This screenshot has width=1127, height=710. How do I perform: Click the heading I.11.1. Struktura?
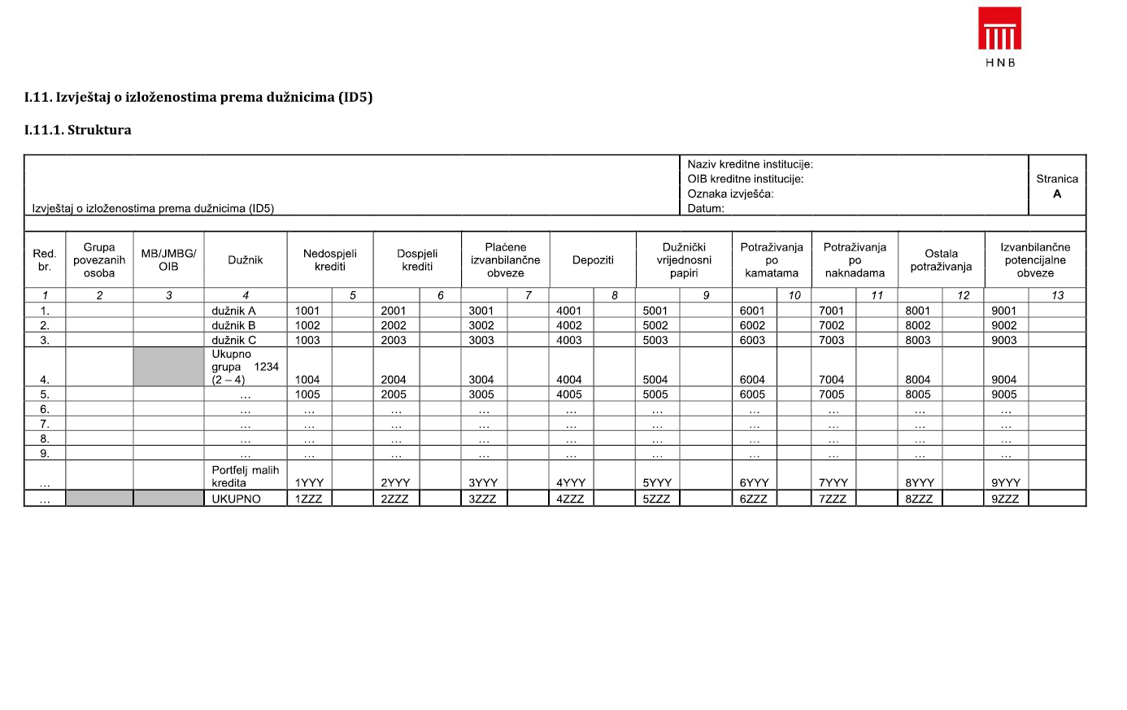[x=77, y=130]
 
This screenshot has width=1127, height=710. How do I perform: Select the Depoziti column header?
[x=593, y=260]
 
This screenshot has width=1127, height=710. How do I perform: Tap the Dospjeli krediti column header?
[x=417, y=260]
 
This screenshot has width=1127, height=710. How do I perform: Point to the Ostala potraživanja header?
[x=941, y=260]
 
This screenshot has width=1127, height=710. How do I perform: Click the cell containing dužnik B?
[x=234, y=325]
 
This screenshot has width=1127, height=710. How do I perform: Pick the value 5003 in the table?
[x=655, y=340]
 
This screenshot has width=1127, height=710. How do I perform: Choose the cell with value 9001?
[x=1004, y=311]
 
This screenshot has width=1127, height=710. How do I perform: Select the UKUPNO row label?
[x=237, y=499]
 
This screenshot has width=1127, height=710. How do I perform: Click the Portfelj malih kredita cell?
[x=245, y=477]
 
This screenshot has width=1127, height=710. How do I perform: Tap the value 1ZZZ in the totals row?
[x=309, y=499]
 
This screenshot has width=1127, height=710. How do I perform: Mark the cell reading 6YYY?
[x=754, y=482]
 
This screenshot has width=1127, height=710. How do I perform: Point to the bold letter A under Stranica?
[x=1057, y=194]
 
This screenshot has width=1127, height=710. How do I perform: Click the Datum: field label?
[x=706, y=208]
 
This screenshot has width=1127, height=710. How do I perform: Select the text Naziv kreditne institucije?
[x=750, y=164]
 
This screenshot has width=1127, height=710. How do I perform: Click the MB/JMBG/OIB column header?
[x=168, y=260]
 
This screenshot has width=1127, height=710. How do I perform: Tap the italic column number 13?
[x=1057, y=295]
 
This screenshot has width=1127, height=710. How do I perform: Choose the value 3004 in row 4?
[x=481, y=379]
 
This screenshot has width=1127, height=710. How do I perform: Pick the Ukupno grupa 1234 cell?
[x=245, y=367]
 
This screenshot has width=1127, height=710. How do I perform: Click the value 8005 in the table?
[x=918, y=394]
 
